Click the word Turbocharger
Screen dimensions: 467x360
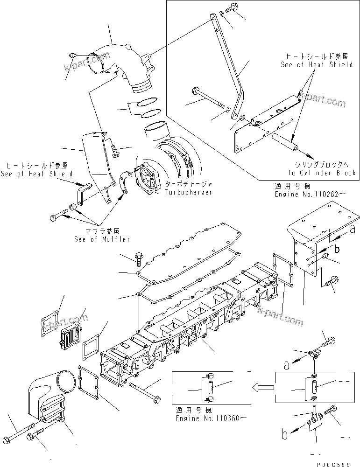(x=188, y=192)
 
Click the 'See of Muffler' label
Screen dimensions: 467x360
(x=102, y=239)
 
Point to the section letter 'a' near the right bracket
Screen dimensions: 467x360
(x=353, y=229)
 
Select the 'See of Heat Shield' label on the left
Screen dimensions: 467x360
(x=37, y=174)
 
